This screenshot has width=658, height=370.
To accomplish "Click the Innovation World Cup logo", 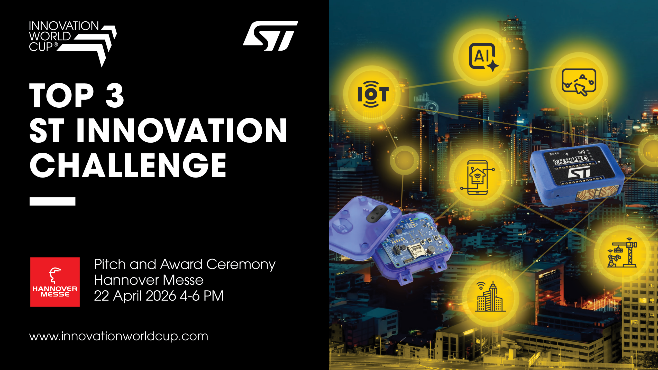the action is point(73,44).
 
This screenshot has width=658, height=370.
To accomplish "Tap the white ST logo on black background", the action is point(270,36).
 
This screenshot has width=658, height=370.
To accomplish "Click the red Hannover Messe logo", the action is point(55,282).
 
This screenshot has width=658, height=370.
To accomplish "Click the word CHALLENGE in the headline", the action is point(128,165).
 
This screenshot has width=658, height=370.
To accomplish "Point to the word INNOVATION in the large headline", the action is point(181,130).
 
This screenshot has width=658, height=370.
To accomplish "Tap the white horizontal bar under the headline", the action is point(52,201).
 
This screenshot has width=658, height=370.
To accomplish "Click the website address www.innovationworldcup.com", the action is point(119,336).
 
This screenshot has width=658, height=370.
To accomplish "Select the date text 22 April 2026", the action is point(135,296).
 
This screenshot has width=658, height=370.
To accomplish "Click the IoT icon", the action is point(373,94).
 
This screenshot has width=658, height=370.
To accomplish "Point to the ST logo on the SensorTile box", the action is point(579,173).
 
